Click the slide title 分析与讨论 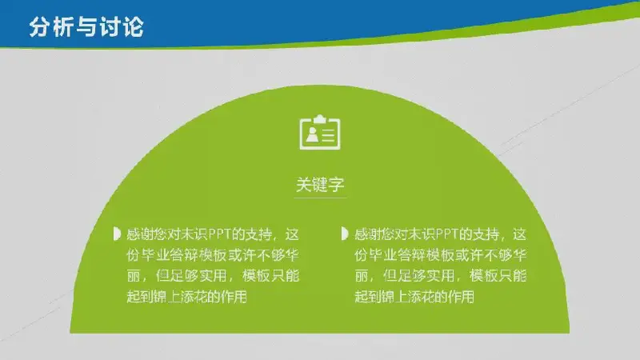pyautogui.click(x=86, y=27)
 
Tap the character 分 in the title pyautogui.click(x=39, y=27)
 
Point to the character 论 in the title pyautogui.click(x=133, y=27)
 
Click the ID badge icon pyautogui.click(x=320, y=132)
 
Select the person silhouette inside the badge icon pyautogui.click(x=312, y=134)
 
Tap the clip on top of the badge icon pyautogui.click(x=320, y=118)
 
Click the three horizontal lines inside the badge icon pyautogui.click(x=328, y=134)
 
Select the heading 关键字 pyautogui.click(x=320, y=185)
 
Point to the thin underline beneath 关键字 pyautogui.click(x=320, y=198)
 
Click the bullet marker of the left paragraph pyautogui.click(x=117, y=234)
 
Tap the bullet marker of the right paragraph pyautogui.click(x=345, y=234)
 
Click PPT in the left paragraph pyautogui.click(x=219, y=234)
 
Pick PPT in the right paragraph pyautogui.click(x=447, y=234)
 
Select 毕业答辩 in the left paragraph pyautogui.click(x=170, y=255)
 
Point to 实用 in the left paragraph pyautogui.click(x=212, y=275)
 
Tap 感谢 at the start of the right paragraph pyautogui.click(x=368, y=234)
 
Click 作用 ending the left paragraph pyautogui.click(x=234, y=296)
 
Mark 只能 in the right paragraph pyautogui.click(x=512, y=275)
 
